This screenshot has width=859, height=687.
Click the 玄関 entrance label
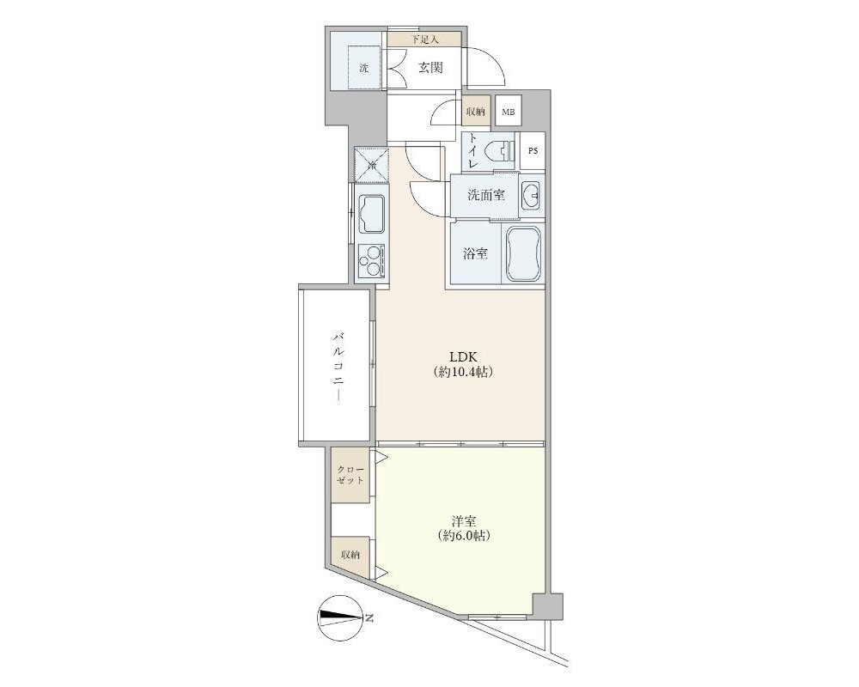click(x=430, y=67)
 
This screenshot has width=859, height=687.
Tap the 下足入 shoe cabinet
click(x=424, y=39)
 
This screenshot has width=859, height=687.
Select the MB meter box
click(x=509, y=112)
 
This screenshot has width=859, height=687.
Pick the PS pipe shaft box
click(x=533, y=151)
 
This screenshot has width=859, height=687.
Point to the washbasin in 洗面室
click(x=530, y=194)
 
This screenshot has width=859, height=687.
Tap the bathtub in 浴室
click(x=524, y=253)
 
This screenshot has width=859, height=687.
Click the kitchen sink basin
click(x=372, y=214)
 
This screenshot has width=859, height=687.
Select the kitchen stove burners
click(x=372, y=261)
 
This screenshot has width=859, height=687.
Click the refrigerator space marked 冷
click(x=371, y=164)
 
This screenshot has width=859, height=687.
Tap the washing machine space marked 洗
click(x=364, y=68)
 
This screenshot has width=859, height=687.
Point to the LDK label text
click(x=464, y=356)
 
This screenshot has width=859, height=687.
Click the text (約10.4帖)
click(x=464, y=372)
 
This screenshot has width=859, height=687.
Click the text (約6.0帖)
click(x=464, y=537)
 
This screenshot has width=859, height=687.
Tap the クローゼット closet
click(x=350, y=476)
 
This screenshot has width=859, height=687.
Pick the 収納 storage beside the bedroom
click(x=350, y=555)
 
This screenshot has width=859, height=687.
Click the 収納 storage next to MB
click(x=475, y=112)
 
